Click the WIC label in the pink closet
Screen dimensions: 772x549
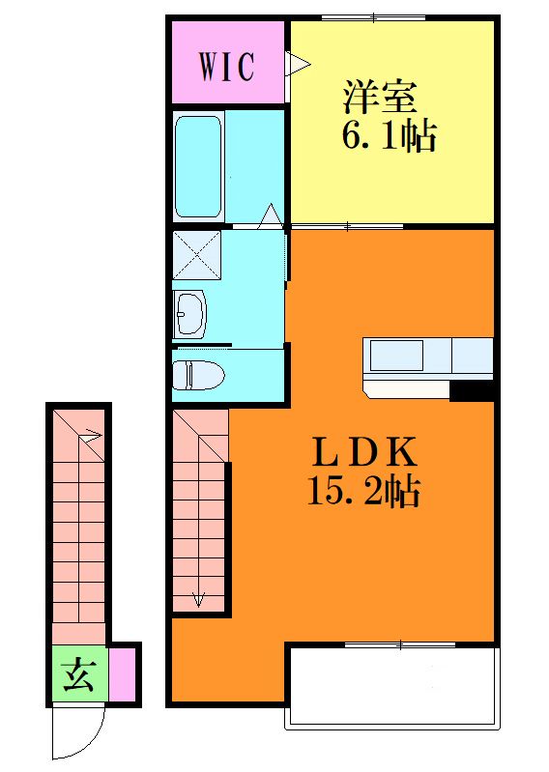(x=227, y=67)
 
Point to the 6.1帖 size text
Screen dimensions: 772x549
(x=388, y=137)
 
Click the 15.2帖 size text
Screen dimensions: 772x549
(x=364, y=493)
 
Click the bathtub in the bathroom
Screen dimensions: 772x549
(x=198, y=166)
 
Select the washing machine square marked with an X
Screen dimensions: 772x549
(x=197, y=255)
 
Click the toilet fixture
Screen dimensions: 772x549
(x=198, y=372)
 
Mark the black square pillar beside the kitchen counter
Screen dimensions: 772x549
(x=472, y=390)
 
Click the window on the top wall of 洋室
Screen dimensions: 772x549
(x=360, y=17)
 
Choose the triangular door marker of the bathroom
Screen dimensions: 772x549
(x=271, y=214)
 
